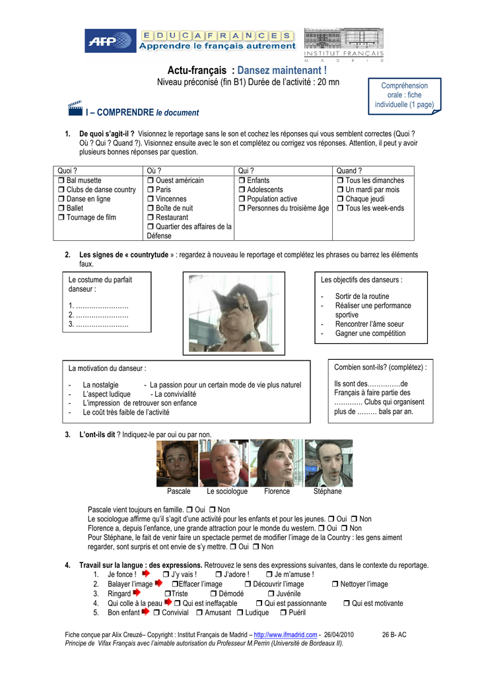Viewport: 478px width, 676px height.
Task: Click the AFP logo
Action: [109, 41]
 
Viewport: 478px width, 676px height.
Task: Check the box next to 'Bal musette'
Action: [61, 181]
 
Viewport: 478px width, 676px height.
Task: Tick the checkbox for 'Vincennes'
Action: [151, 199]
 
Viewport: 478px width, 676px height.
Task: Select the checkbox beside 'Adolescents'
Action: [242, 190]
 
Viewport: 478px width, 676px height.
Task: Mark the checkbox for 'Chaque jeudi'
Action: [340, 199]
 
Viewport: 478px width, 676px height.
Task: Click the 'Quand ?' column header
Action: [349, 171]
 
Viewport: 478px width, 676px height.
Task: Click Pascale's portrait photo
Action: [177, 463]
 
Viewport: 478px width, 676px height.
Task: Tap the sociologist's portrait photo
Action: [226, 463]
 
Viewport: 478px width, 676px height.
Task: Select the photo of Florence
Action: [277, 463]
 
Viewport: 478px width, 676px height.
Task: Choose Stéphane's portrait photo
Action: [328, 463]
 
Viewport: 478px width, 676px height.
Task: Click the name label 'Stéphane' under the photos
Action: [327, 492]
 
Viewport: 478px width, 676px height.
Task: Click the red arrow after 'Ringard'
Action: [137, 593]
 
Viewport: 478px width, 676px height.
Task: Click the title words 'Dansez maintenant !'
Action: [282, 70]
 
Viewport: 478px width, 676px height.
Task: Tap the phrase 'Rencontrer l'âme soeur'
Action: [370, 324]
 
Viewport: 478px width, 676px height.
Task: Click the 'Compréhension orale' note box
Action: [404, 95]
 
